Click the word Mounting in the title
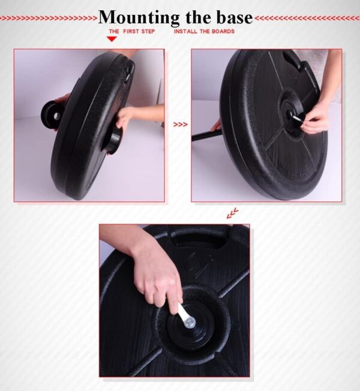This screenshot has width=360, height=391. point(139,18)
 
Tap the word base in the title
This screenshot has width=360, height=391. point(234,17)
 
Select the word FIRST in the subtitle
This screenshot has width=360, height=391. point(131,31)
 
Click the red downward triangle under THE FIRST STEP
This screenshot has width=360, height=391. point(112,39)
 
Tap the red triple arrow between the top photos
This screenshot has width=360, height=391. point(180,124)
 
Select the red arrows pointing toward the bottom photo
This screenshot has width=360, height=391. point(232,213)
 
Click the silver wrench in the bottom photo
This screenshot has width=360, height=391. point(186,315)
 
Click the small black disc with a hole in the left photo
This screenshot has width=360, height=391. point(51,115)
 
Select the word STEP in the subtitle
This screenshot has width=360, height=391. point(148,31)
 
